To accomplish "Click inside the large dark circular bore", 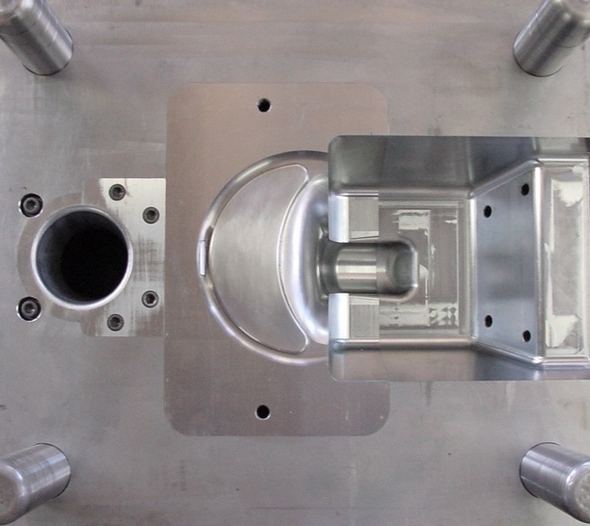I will click(82, 256).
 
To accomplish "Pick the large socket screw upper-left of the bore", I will click(31, 204).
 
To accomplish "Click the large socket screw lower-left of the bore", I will click(30, 308).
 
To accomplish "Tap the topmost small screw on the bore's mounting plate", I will click(118, 193).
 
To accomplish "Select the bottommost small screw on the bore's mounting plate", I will click(116, 322).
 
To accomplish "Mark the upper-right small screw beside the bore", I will click(151, 215).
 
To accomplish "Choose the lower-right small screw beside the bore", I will click(150, 299).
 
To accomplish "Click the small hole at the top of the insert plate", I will click(263, 105).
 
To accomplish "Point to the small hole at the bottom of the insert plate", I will click(262, 412).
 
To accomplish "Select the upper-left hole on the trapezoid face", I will click(487, 210).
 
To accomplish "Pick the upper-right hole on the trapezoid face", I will click(525, 190).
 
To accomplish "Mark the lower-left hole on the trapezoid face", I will click(487, 321).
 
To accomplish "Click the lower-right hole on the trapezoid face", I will click(526, 336).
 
